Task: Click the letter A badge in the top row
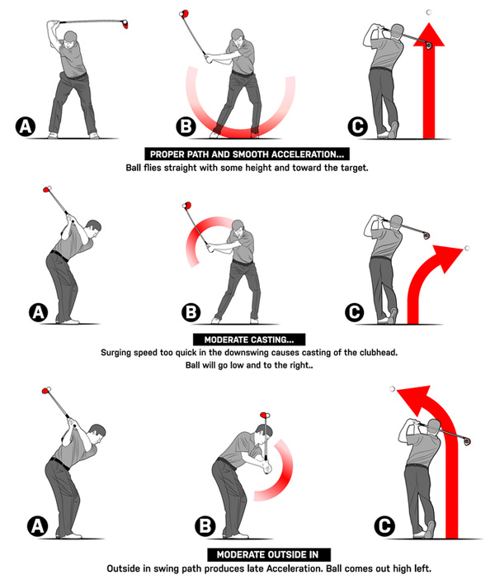point(26,126)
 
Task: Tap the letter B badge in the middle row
point(191,312)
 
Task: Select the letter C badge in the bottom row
point(384,525)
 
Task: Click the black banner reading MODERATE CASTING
point(249,340)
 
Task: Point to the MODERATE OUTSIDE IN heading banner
point(269,554)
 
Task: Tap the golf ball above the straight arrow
point(429,12)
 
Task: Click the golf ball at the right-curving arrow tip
point(467,248)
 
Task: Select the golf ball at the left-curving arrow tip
point(393,389)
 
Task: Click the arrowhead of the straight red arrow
point(429,36)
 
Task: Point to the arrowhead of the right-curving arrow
point(450,258)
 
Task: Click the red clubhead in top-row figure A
point(125,24)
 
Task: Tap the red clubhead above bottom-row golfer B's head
point(265,415)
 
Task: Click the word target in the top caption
point(354,168)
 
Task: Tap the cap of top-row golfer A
point(70,36)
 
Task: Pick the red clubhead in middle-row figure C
point(426,235)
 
